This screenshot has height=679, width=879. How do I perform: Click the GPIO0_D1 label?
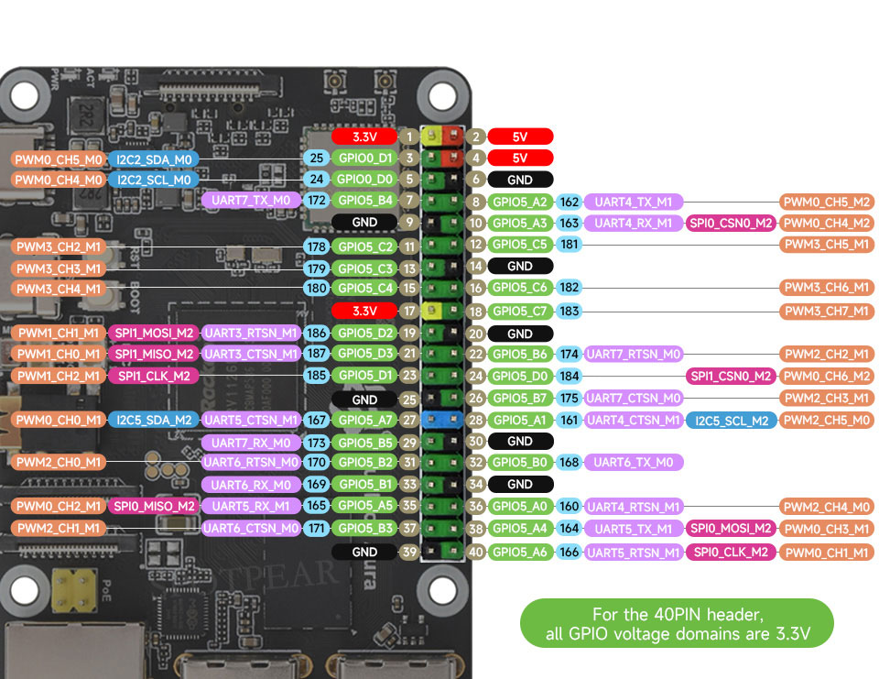365,159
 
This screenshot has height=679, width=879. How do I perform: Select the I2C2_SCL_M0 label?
153,180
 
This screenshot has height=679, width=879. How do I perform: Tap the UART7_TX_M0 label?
250,200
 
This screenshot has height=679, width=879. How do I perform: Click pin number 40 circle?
475,553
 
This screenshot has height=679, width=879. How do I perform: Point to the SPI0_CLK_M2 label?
730,553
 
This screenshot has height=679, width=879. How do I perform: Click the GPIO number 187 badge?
317,354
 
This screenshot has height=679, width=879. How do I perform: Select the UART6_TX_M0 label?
633,463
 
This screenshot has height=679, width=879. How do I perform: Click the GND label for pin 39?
364,553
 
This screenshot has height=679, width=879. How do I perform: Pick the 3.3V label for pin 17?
364,311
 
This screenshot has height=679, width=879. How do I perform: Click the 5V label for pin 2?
520,137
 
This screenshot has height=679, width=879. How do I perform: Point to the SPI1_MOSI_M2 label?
153,332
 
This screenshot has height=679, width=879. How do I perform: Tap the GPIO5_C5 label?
520,245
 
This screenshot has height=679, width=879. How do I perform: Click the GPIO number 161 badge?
570,420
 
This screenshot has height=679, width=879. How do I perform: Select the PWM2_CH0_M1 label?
59,463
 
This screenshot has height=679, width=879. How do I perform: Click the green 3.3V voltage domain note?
677,624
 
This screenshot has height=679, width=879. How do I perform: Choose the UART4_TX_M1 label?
633,202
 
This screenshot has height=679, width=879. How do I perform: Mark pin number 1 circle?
409,137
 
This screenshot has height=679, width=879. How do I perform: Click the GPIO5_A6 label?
520,553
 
